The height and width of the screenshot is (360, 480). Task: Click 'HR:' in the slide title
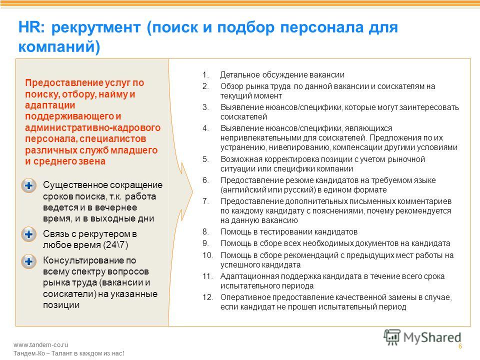(x=31, y=27)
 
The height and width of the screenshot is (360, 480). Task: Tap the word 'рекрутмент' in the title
(x=96, y=28)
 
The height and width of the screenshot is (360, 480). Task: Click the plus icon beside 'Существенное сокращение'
(x=29, y=185)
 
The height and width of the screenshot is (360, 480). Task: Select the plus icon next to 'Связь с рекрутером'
(x=29, y=234)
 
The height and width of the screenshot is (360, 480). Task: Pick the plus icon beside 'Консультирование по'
(x=29, y=261)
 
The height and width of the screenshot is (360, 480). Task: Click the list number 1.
(x=205, y=74)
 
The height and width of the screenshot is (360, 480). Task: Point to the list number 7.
(x=205, y=201)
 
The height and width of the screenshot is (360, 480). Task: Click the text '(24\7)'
(x=115, y=245)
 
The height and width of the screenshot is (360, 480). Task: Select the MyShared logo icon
(x=391, y=337)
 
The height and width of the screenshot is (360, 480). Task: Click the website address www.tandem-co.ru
(x=40, y=344)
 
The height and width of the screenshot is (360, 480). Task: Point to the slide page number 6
(x=460, y=346)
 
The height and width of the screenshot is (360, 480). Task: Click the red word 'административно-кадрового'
(x=93, y=127)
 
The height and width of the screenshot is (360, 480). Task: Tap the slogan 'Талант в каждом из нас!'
(x=87, y=353)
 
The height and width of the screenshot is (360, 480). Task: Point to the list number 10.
(x=208, y=255)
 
